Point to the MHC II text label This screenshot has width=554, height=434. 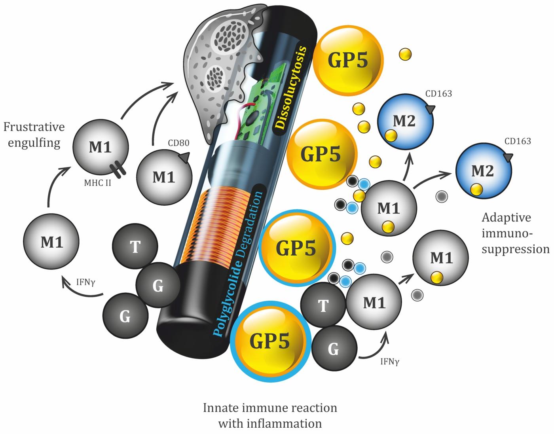[x=97, y=184]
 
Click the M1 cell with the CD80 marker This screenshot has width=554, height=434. [x=165, y=177]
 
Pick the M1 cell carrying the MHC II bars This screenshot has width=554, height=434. [x=100, y=147]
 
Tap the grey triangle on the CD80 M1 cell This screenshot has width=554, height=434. [x=183, y=158]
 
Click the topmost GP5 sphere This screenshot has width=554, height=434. [x=348, y=61]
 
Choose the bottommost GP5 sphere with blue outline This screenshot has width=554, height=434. [x=271, y=340]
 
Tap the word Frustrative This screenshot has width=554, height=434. [x=34, y=127]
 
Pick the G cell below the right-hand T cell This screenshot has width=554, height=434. [x=333, y=349]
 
